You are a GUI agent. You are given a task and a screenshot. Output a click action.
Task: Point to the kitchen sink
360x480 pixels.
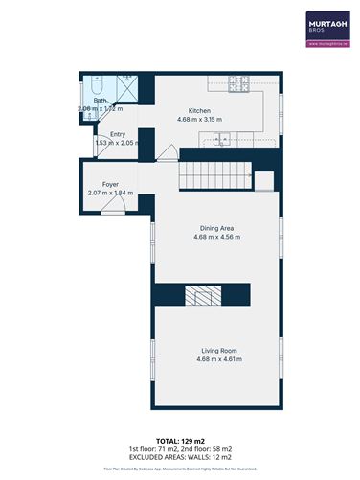[x=222, y=139]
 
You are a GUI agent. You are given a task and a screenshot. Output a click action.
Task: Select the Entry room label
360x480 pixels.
[x=117, y=134]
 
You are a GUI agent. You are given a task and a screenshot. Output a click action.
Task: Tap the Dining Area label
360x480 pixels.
[x=216, y=228]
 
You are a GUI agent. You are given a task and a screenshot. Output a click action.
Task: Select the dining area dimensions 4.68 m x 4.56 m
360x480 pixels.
[x=216, y=237]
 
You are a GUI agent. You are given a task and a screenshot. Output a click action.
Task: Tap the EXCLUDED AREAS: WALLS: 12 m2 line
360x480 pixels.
[x=179, y=456]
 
